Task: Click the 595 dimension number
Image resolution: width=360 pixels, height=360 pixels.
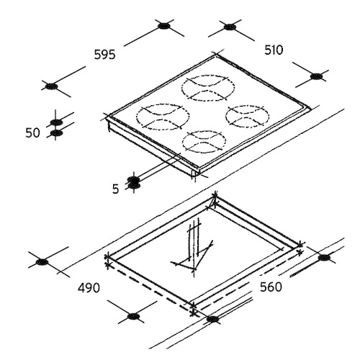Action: tap(104, 55)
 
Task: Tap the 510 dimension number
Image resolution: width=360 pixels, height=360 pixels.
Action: tap(274, 50)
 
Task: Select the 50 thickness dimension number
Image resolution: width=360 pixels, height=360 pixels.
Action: tap(32, 132)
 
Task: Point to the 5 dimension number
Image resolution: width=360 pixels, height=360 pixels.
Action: tap(116, 189)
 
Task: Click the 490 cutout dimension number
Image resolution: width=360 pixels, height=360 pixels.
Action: tap(89, 288)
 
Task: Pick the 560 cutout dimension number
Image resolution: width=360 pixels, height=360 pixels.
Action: tap(271, 287)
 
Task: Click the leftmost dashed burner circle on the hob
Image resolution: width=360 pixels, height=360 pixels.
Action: tap(163, 117)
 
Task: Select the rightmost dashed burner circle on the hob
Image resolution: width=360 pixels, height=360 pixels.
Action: tap(247, 116)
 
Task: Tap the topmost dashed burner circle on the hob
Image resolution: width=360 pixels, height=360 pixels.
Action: tap(208, 88)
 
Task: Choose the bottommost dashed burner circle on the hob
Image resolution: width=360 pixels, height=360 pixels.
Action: tap(204, 142)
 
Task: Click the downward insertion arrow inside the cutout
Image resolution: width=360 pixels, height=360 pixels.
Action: tap(194, 247)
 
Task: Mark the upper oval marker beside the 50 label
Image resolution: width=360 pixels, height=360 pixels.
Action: tap(57, 122)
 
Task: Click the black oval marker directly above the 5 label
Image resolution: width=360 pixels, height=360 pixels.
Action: tap(134, 179)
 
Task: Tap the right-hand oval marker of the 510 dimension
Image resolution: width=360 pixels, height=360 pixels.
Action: tap(316, 76)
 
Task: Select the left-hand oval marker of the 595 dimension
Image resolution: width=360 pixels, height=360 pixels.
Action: tap(51, 86)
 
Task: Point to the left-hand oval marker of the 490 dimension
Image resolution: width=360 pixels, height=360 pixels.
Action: tap(42, 262)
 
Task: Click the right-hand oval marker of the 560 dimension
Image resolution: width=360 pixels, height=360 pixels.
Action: tap(324, 258)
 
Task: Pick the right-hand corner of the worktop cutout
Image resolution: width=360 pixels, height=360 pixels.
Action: tap(300, 245)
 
